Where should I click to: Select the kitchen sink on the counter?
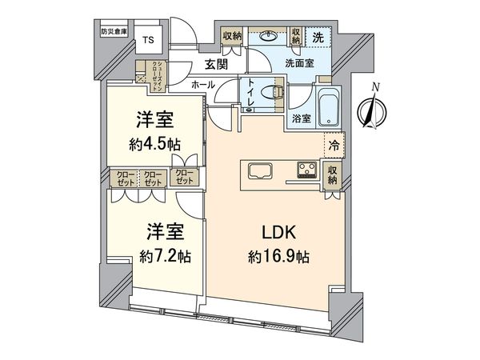pos(261,170)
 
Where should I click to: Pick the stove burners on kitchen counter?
pos(306,170)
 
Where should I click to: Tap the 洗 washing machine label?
pos(317,37)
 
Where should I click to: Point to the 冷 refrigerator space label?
pos(333,147)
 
